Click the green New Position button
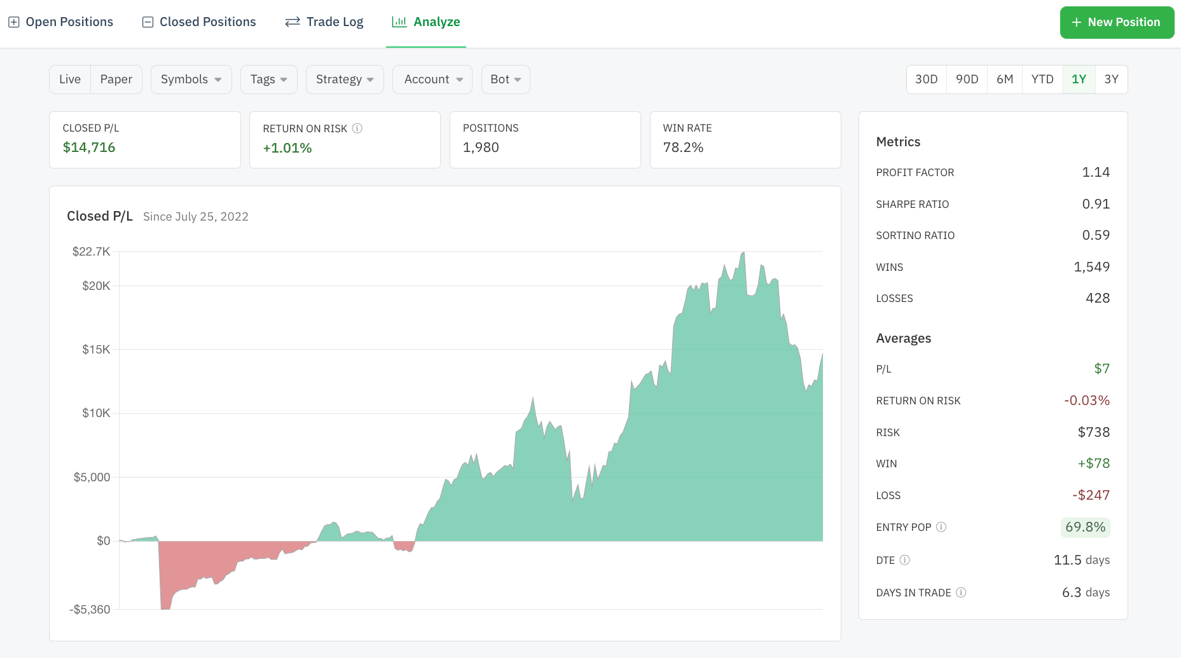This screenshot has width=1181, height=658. (x=1117, y=22)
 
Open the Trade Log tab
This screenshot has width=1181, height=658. (x=324, y=22)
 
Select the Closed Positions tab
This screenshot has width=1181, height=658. (x=199, y=22)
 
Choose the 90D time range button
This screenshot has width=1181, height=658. (x=967, y=79)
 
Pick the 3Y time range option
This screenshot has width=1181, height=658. (x=1111, y=79)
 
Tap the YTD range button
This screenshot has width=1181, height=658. (x=1042, y=79)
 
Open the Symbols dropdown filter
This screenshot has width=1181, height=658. (x=191, y=79)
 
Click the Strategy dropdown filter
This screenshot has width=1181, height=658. (x=345, y=79)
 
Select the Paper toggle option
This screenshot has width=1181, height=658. (x=116, y=79)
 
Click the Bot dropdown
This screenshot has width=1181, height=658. (x=506, y=79)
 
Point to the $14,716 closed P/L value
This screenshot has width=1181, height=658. (x=89, y=147)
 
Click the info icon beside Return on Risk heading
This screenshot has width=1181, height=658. (x=357, y=128)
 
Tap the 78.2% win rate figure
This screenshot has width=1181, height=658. (x=683, y=147)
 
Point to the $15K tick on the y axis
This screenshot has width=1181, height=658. (x=96, y=350)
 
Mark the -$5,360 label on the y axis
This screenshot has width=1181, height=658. (x=90, y=610)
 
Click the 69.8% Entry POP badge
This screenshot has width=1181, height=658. (x=1085, y=527)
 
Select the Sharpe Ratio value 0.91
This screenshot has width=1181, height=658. (x=1096, y=204)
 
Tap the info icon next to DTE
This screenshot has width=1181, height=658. (x=905, y=560)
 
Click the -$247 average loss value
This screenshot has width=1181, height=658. (x=1091, y=495)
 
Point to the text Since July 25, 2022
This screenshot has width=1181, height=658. (x=196, y=217)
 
